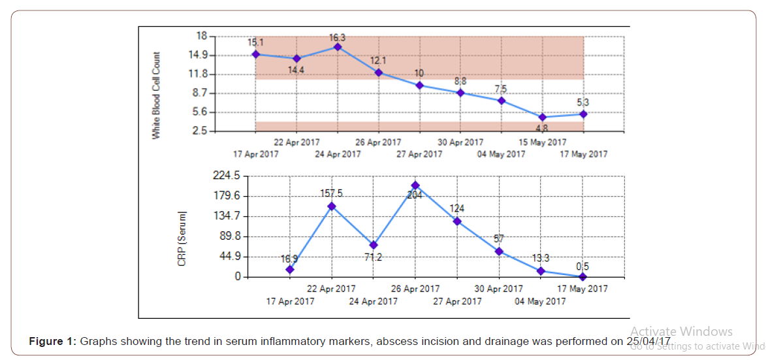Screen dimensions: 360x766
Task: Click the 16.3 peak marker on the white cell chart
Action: (x=338, y=46)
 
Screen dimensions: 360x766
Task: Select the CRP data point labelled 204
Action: (x=415, y=186)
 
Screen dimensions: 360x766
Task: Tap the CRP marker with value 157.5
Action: (x=332, y=206)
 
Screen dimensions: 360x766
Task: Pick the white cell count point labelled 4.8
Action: (x=543, y=118)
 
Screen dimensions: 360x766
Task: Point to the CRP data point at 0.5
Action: (x=583, y=276)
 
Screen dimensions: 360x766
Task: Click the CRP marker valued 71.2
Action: (x=374, y=245)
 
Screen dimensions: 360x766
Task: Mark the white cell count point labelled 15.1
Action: (x=255, y=54)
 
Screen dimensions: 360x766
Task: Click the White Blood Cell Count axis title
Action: (x=156, y=95)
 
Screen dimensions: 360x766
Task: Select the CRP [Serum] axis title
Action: (x=183, y=238)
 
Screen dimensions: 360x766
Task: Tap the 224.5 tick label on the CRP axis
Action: (x=228, y=176)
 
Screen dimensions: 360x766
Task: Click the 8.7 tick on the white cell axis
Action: (x=199, y=93)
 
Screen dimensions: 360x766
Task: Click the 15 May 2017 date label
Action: (x=543, y=142)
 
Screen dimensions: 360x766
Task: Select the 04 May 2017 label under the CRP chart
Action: (x=540, y=301)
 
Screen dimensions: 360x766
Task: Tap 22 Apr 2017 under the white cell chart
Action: (x=296, y=142)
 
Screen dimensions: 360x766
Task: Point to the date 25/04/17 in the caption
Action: (x=648, y=341)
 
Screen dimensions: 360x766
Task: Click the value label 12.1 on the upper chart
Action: (x=379, y=61)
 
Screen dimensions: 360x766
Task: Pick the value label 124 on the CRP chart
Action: (x=457, y=209)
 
